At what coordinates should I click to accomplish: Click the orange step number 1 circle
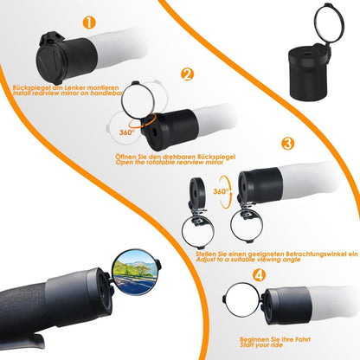[x=89, y=22]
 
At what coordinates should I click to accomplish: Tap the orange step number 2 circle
[x=187, y=74]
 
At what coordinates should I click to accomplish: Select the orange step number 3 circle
[x=287, y=143]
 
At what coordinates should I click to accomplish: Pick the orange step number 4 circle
[x=259, y=275]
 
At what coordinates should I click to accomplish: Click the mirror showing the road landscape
[x=135, y=273]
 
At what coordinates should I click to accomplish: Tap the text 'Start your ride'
[x=261, y=345]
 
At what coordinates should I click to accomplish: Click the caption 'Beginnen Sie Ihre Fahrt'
[x=275, y=339]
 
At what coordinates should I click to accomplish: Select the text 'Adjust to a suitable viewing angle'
[x=248, y=260]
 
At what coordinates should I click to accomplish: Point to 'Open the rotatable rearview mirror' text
[x=170, y=163]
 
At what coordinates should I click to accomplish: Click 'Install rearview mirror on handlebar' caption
[x=68, y=93]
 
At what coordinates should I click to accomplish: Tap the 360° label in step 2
[x=127, y=132]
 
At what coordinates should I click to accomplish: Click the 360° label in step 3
[x=221, y=191]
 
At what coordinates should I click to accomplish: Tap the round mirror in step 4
[x=242, y=299]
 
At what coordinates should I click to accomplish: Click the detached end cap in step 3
[x=197, y=192]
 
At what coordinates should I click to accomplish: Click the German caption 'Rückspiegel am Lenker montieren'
[x=66, y=87]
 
